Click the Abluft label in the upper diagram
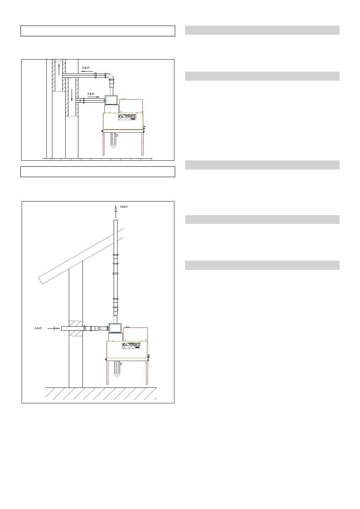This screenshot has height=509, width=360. coord(86,68)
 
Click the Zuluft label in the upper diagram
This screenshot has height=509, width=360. coord(91,94)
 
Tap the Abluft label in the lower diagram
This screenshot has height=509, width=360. coord(124,207)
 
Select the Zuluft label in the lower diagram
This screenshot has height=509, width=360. coord(38,328)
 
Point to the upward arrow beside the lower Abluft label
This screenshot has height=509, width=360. coord(116,212)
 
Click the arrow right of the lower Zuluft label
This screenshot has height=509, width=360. coord(54,328)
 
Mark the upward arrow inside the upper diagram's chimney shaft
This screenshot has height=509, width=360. coord(59,70)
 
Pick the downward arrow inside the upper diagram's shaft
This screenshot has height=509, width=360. coord(72,95)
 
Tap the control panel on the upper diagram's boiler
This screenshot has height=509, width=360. coord(127,117)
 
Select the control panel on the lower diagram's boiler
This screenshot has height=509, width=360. coord(131,345)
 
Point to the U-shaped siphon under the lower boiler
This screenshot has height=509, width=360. coord(118,369)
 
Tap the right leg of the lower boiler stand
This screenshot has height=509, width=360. coord(147,372)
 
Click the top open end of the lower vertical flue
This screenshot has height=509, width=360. coord(116,220)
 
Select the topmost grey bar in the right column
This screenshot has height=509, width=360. coord(262,30)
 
